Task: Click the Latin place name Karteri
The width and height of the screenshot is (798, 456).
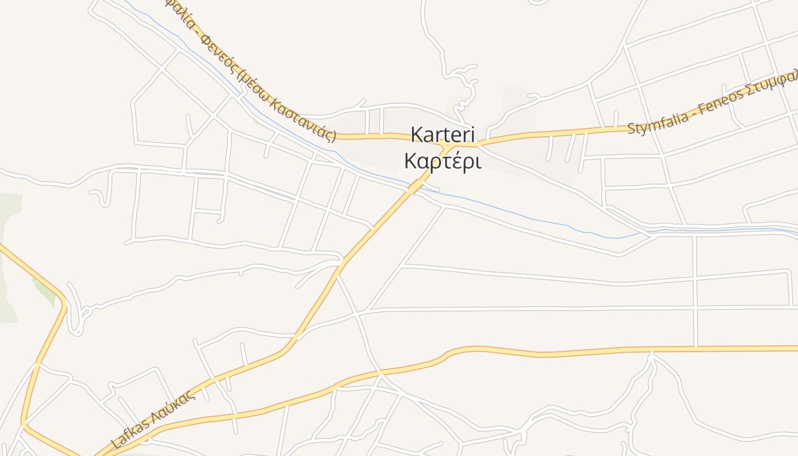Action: pos(442,135)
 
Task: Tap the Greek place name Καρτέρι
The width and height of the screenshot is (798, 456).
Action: pos(442,161)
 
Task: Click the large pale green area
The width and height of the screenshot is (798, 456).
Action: pos(9,256)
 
